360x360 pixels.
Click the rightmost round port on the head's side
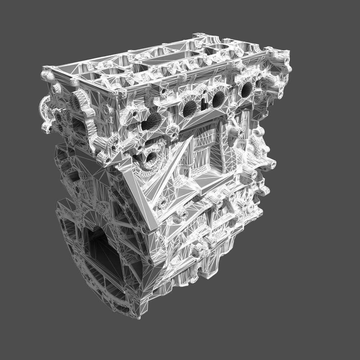[247, 89]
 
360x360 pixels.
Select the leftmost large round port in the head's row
[152, 121]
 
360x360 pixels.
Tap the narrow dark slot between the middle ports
[204, 104]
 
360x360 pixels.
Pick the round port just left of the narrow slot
[190, 108]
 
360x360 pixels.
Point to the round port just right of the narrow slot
[218, 99]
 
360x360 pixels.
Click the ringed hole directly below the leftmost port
[151, 158]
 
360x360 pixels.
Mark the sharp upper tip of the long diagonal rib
[190, 140]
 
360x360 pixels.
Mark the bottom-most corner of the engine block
[139, 318]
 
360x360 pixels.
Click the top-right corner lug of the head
[284, 54]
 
